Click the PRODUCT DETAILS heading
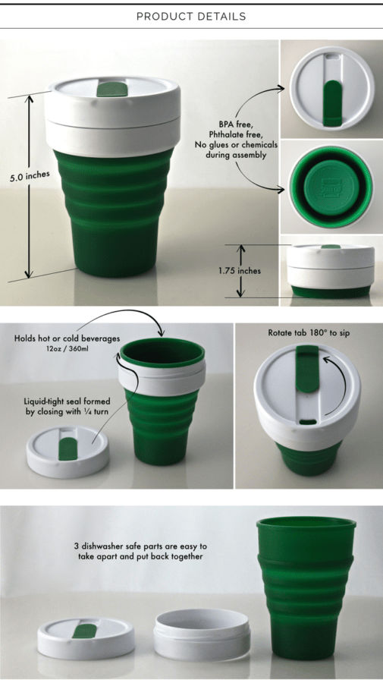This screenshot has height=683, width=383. (x=191, y=17)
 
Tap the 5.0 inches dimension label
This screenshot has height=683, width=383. (x=30, y=176)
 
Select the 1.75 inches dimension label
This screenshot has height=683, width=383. (x=240, y=270)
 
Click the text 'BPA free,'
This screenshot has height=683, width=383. (x=235, y=124)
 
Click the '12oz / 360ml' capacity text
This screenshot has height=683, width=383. (x=67, y=348)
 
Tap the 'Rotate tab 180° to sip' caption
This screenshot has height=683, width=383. (x=309, y=333)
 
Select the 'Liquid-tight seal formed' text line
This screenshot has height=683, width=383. (x=67, y=401)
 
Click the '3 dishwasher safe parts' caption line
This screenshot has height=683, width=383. (x=140, y=546)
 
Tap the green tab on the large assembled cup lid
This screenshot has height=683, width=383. (x=112, y=89)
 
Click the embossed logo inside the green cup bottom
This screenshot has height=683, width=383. (x=331, y=187)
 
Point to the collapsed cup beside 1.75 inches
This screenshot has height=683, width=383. (x=331, y=271)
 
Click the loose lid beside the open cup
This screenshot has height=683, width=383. (x=67, y=452)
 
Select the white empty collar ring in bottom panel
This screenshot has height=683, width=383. (x=202, y=634)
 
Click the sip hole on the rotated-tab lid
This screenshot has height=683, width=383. (x=308, y=422)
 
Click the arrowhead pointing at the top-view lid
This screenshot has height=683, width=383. (x=281, y=89)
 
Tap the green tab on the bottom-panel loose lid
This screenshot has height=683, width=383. (x=84, y=631)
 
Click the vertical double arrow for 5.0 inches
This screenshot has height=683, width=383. (x=29, y=187)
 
